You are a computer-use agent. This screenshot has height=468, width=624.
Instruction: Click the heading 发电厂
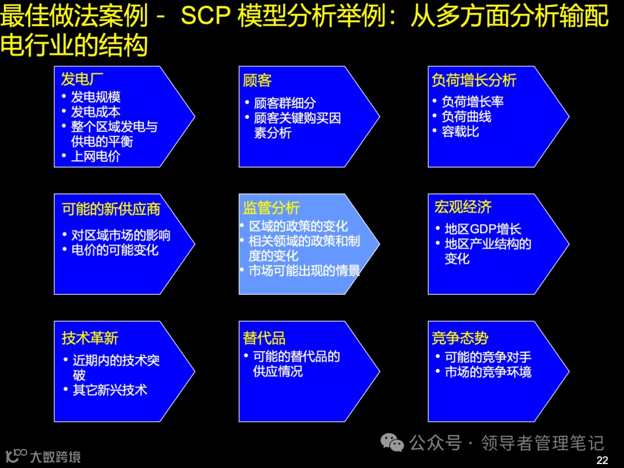click(x=83, y=79)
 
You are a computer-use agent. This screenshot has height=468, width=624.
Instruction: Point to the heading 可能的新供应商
click(x=111, y=209)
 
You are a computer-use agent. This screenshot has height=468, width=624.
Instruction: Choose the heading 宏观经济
click(x=463, y=207)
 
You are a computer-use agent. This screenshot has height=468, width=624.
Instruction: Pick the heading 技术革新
click(x=90, y=337)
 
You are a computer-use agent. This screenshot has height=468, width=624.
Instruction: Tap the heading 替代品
click(x=264, y=337)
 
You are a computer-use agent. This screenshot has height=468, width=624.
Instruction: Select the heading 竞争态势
click(x=460, y=337)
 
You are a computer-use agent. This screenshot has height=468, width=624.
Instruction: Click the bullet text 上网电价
click(x=95, y=156)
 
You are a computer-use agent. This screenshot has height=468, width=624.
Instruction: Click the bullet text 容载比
click(x=460, y=131)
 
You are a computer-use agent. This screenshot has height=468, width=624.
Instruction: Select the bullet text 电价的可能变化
click(x=114, y=250)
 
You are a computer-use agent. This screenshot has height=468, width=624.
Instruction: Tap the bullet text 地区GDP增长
click(x=482, y=229)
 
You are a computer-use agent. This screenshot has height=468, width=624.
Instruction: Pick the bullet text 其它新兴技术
click(x=110, y=389)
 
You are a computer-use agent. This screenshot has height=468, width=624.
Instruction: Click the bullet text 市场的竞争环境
click(x=488, y=372)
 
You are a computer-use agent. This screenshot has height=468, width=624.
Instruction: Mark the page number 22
click(x=602, y=460)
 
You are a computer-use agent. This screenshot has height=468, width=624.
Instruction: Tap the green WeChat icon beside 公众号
click(x=392, y=443)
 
